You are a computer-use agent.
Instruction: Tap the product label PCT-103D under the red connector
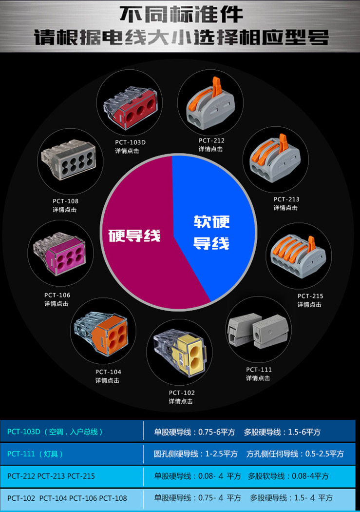coord(131,142)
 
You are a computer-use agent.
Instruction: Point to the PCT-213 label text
coord(286,199)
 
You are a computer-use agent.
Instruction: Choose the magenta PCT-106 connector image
coord(60,256)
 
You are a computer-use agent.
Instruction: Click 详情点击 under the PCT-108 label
coord(65,210)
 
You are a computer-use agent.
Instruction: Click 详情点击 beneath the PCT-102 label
coord(181,401)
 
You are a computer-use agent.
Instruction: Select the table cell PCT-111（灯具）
coord(36,453)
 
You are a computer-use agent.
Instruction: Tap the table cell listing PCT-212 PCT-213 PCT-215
coord(51,475)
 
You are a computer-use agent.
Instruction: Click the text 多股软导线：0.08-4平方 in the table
coord(288,476)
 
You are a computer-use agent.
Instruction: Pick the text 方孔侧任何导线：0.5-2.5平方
coord(295,453)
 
